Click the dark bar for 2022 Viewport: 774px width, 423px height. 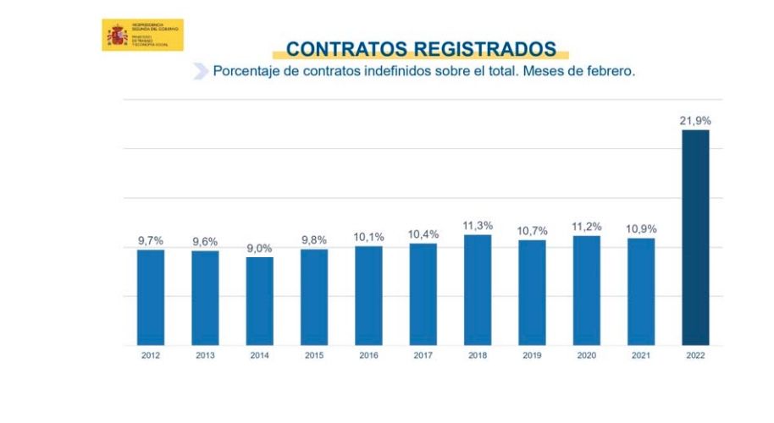(x=695, y=238)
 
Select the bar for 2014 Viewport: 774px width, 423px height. (x=260, y=300)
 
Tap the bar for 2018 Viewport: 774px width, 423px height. (x=478, y=289)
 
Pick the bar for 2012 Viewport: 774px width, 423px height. (x=151, y=297)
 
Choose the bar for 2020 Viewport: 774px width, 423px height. (x=586, y=290)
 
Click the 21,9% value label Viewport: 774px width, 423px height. (x=695, y=121)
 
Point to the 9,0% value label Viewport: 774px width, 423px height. (x=259, y=248)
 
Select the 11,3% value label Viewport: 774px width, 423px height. (x=478, y=226)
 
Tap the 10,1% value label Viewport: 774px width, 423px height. (x=368, y=237)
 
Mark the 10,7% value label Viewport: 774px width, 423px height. (x=532, y=231)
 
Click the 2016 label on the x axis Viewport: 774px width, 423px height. (x=368, y=355)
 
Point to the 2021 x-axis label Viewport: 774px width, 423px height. (x=641, y=355)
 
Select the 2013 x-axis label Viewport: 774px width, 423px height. (x=205, y=355)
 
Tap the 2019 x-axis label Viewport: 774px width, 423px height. (x=532, y=355)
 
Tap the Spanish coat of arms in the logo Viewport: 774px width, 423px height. (x=116, y=36)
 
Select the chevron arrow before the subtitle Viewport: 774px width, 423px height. (x=201, y=72)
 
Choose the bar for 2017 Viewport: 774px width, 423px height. (x=423, y=294)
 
